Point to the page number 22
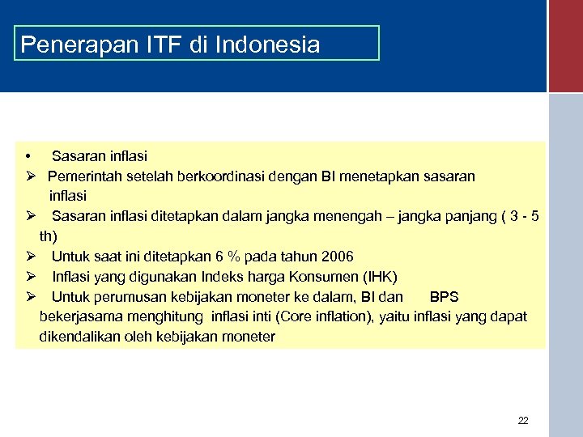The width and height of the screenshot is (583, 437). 522,421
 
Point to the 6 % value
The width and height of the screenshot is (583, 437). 224,257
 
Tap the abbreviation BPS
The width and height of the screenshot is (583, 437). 444,297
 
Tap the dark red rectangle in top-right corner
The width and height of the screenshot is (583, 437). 565,45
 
